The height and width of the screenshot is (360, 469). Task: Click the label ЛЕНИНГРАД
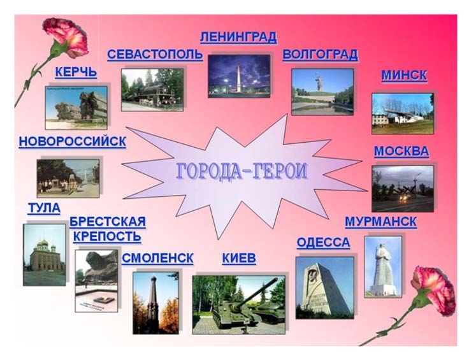[238, 38]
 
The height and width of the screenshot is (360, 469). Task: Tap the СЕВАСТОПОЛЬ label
[155, 55]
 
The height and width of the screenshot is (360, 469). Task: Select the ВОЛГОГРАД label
[320, 55]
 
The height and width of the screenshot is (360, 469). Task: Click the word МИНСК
[404, 75]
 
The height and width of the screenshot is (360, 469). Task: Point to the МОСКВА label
[401, 151]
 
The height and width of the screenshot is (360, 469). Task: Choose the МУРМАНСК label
[381, 222]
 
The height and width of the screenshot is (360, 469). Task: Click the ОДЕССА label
[323, 243]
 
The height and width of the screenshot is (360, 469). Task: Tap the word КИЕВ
[239, 258]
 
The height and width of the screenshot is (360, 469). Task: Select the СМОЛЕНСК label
[157, 258]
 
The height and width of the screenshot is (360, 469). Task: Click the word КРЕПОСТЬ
[107, 236]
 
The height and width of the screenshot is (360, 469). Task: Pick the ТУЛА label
[44, 208]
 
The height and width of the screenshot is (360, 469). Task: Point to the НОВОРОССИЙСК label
[73, 141]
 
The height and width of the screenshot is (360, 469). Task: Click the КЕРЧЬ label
[76, 73]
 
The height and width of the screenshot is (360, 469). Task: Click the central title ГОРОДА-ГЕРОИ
[242, 171]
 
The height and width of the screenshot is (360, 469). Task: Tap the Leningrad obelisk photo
[240, 76]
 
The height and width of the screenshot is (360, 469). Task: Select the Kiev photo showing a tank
[239, 305]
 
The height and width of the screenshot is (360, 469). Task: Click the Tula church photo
[45, 255]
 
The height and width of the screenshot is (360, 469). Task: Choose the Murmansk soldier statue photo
[383, 267]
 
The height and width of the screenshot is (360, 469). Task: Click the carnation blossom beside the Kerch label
[66, 38]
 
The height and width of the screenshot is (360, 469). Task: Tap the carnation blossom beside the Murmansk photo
[433, 291]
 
